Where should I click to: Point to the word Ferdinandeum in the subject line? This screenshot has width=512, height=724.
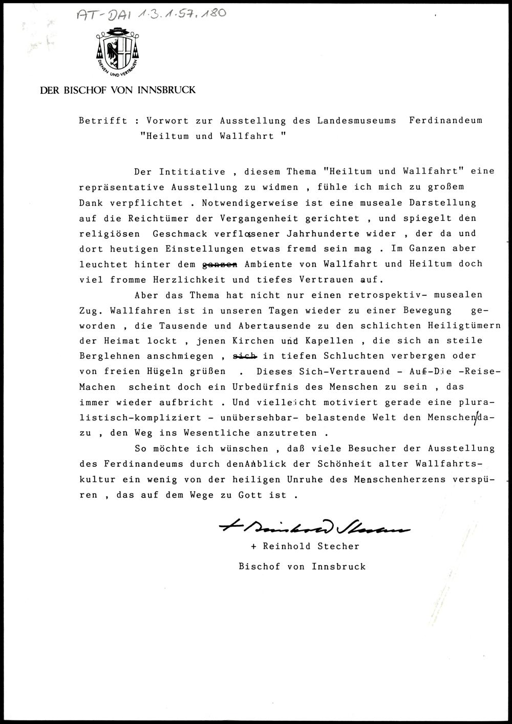446,121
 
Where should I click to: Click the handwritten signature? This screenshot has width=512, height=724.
314,526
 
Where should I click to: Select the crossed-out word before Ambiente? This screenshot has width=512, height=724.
221,264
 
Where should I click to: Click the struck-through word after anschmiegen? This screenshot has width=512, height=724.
244,356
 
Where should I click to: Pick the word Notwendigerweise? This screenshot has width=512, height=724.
250,203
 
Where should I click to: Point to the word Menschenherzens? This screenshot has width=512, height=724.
396,480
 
